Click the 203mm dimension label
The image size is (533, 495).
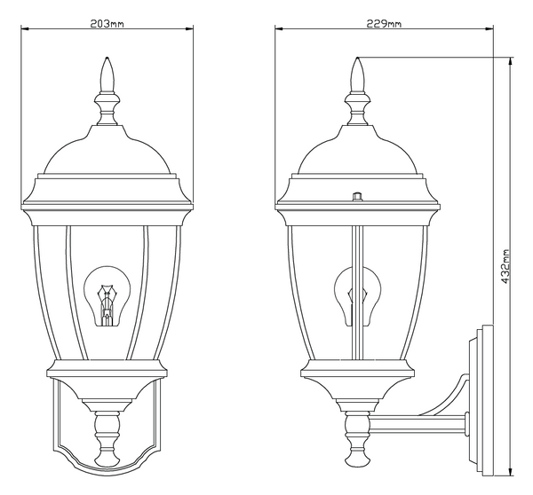(x=107, y=23)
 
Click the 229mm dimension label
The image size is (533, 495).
(x=384, y=23)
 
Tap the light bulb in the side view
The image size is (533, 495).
(x=358, y=296)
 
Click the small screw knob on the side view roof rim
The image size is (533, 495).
(x=357, y=197)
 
